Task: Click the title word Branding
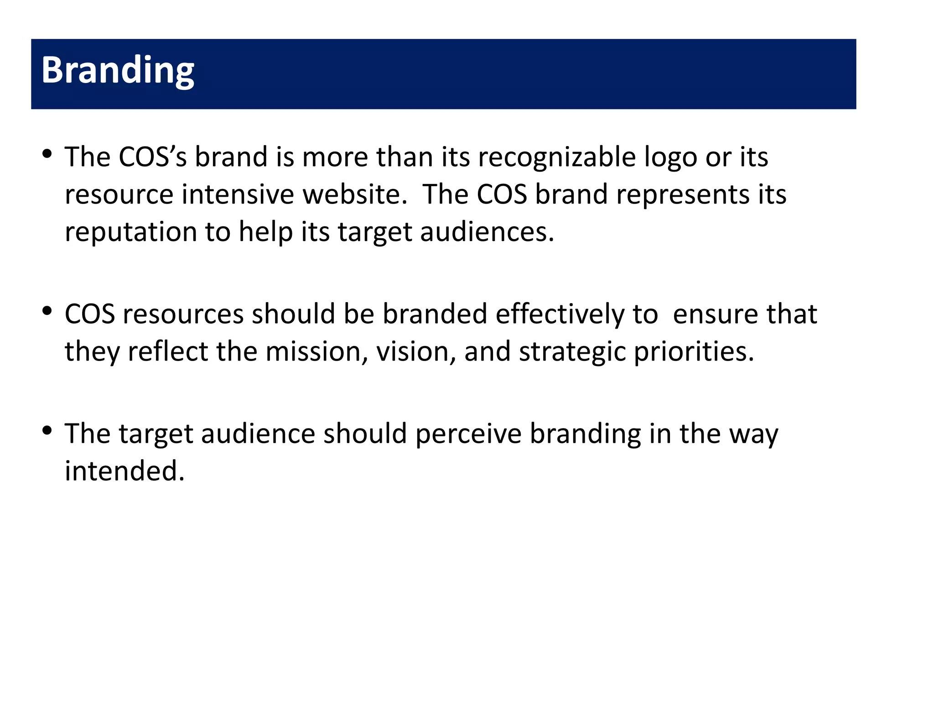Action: point(118,71)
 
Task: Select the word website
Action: point(355,194)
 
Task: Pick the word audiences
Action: point(487,232)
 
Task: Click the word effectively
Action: point(560,314)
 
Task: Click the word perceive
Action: point(468,434)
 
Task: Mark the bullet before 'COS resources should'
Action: point(47,312)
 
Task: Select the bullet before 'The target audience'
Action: point(47,431)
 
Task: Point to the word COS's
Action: point(152,157)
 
